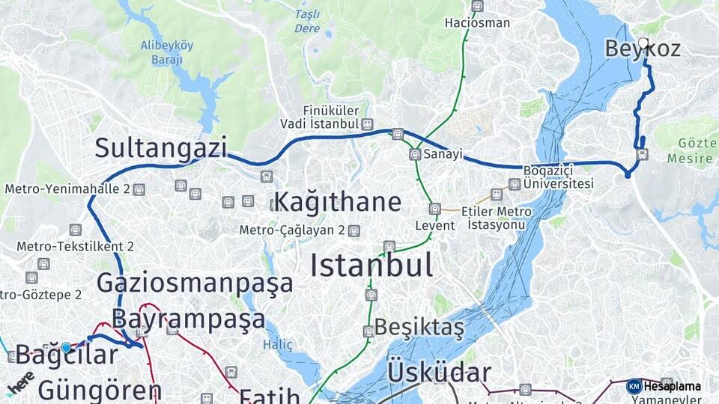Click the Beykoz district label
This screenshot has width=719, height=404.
click(643, 49)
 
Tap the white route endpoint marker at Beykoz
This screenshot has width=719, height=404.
click(643, 43)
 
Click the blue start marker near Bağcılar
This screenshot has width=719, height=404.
click(66, 348)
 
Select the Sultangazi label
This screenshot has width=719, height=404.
click(160, 148)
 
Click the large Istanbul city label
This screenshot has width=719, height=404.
click(371, 266)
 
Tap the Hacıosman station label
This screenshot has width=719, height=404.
click(477, 22)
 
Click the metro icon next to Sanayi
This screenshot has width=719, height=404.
click(415, 154)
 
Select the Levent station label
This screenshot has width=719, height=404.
click(435, 225)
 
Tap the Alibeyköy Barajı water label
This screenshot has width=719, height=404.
click(166, 51)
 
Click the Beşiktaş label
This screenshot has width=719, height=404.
click(419, 327)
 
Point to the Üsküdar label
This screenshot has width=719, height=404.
click(439, 373)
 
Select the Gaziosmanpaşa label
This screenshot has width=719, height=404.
click(195, 284)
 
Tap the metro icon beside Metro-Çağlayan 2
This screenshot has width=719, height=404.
click(354, 230)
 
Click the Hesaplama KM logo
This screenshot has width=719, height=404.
click(634, 386)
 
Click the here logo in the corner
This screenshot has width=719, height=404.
click(20, 382)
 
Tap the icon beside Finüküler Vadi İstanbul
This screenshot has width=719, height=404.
click(367, 123)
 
